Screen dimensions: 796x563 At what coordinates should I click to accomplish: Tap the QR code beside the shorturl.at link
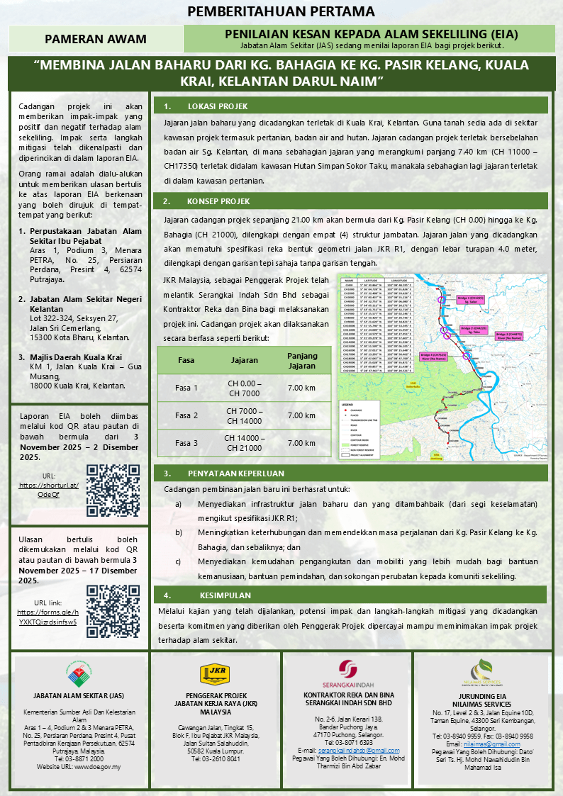pos(113,491)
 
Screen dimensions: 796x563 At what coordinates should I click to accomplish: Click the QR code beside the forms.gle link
pos(113,610)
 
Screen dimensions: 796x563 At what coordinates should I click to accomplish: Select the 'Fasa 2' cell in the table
pos(187,415)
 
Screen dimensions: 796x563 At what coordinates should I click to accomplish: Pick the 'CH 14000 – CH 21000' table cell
pos(245,443)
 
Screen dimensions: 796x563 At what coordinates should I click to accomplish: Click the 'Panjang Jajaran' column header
pos(301,360)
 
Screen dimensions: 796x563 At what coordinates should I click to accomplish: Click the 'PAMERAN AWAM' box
pos(95,39)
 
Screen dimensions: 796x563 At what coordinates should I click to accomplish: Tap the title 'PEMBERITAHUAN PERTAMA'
pos(281,11)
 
